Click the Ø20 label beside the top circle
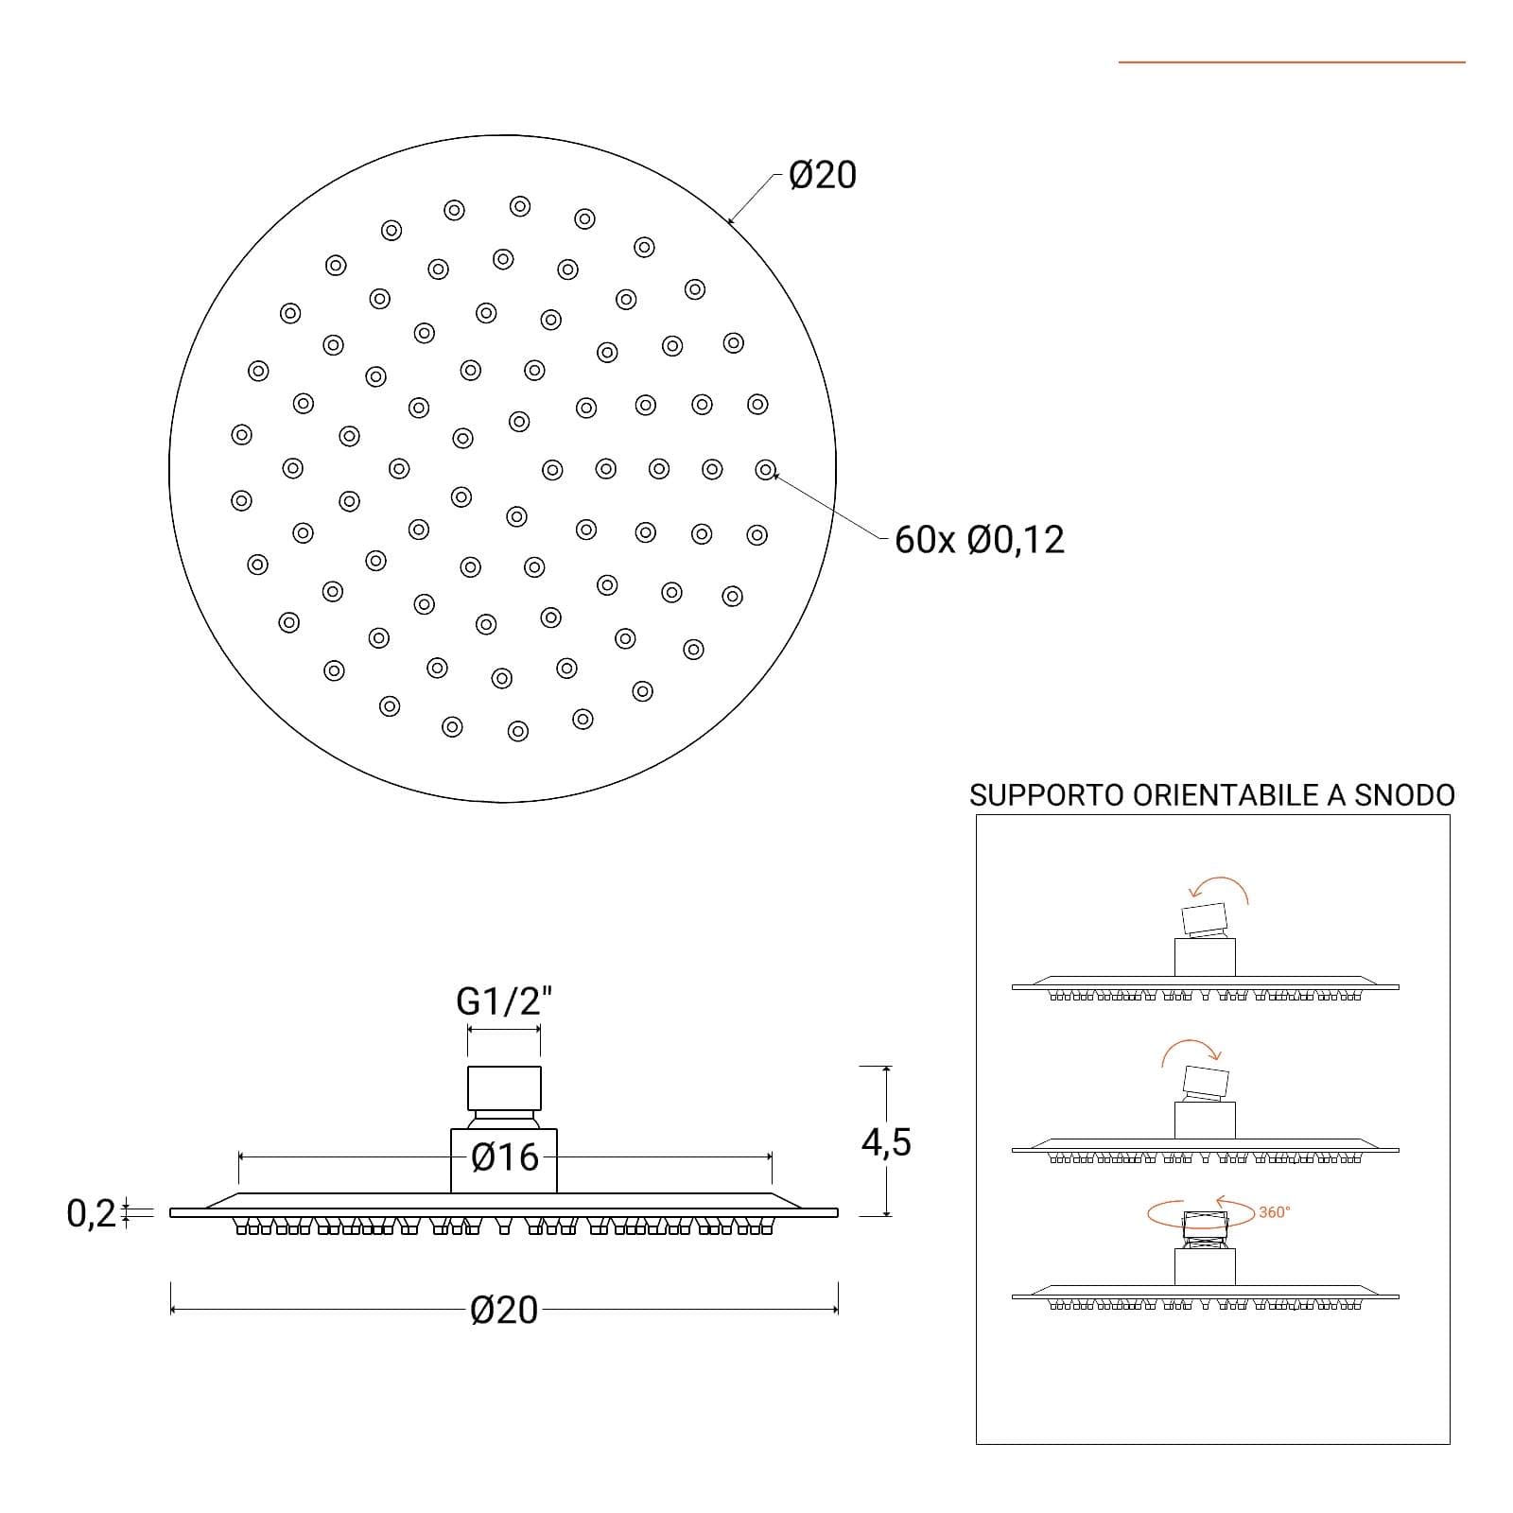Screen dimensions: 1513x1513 823,176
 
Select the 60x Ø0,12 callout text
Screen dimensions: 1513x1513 980,540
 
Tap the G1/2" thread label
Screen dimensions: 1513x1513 504,1000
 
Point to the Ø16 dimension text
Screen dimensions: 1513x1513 505,1157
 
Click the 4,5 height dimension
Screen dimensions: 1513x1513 886,1142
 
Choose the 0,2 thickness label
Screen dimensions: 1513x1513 91,1213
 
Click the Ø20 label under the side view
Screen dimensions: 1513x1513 504,1311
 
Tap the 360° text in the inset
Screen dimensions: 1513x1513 1275,1212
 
